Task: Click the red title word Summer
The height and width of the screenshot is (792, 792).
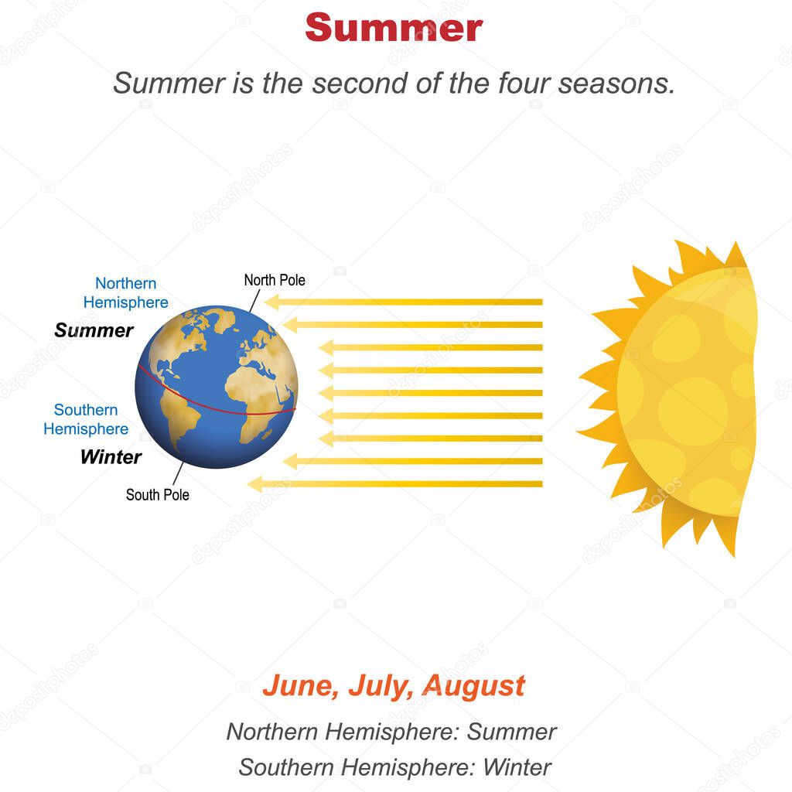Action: pos(394,28)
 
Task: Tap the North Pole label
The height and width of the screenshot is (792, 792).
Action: pos(275,280)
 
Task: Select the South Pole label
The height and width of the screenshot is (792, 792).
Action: pos(158,494)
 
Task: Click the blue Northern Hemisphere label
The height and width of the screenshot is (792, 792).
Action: pos(125,293)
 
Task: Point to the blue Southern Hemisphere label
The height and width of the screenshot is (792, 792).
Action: pos(86,419)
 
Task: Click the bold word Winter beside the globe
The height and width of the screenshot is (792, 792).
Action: pos(111,457)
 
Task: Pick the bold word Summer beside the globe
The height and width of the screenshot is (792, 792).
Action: pos(94,331)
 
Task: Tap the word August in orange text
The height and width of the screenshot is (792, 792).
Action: pos(475,686)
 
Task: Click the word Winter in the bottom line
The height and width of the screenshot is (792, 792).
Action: pos(517,767)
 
